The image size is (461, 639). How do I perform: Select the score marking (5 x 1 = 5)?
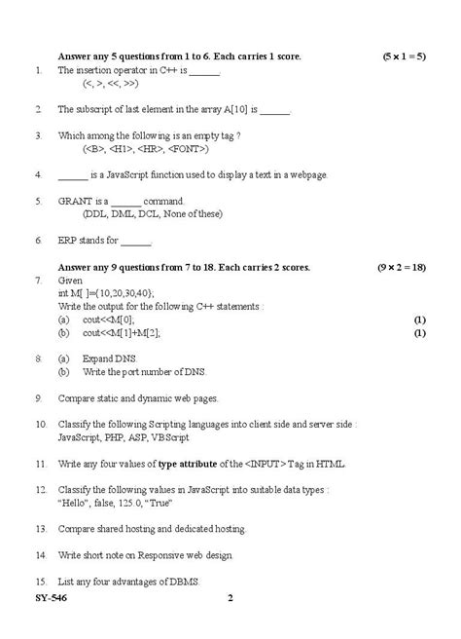pos(404,57)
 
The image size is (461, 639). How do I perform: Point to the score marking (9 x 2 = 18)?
pos(402,266)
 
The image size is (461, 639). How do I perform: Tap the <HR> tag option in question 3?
pos(150,149)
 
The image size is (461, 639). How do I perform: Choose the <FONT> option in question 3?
pos(186,149)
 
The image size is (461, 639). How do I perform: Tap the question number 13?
pos(40,529)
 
